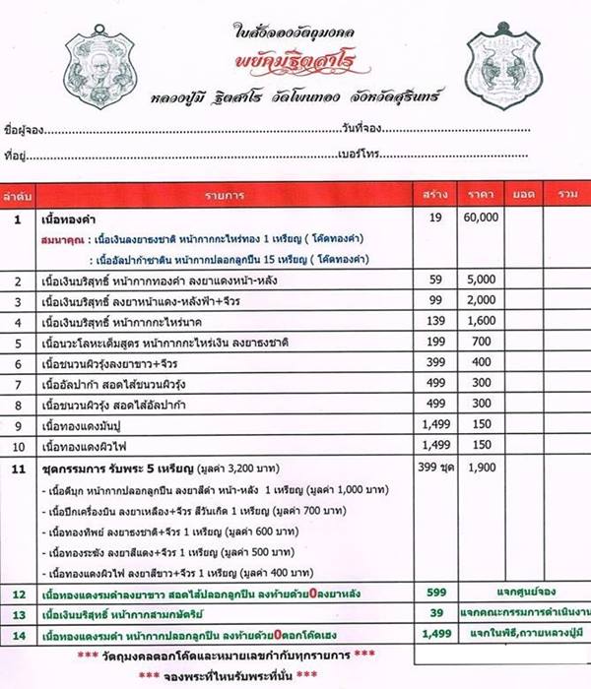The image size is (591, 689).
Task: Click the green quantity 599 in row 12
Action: [433, 595]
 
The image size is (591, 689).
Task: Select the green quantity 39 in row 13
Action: [433, 614]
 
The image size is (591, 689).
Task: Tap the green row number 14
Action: [18, 635]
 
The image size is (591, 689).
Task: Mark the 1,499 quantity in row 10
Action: [433, 443]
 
